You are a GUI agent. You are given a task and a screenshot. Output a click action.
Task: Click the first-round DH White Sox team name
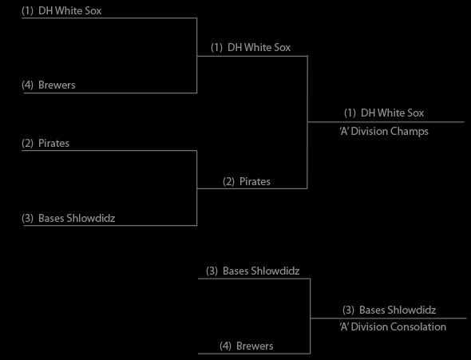click(70, 11)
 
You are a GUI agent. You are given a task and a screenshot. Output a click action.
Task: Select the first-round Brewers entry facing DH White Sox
click(57, 85)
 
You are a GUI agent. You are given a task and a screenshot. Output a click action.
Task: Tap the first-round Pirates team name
click(53, 143)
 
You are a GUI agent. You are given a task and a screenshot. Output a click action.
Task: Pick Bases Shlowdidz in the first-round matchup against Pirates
click(77, 218)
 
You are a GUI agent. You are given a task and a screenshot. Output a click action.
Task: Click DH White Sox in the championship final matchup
click(259, 47)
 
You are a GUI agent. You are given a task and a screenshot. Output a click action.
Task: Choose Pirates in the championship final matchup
click(255, 182)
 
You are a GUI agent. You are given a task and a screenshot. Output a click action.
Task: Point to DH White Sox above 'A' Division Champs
click(392, 113)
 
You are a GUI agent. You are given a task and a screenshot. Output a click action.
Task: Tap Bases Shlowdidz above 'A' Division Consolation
click(398, 310)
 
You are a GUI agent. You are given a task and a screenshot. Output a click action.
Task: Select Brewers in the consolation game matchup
click(255, 346)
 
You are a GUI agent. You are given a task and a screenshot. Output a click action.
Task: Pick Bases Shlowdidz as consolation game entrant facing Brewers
click(261, 271)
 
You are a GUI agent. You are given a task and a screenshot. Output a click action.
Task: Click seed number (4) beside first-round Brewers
click(27, 85)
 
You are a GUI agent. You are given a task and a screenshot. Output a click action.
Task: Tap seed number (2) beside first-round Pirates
click(27, 143)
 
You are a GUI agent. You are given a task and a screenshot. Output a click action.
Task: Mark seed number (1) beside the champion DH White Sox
click(350, 113)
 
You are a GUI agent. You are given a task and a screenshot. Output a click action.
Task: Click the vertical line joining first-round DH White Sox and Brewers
click(196, 56)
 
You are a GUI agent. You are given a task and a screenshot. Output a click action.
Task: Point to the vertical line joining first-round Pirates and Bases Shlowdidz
click(196, 188)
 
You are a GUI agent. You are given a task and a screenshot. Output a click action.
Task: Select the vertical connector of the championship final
click(307, 122)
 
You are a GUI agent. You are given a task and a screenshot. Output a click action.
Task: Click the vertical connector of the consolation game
click(310, 316)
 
